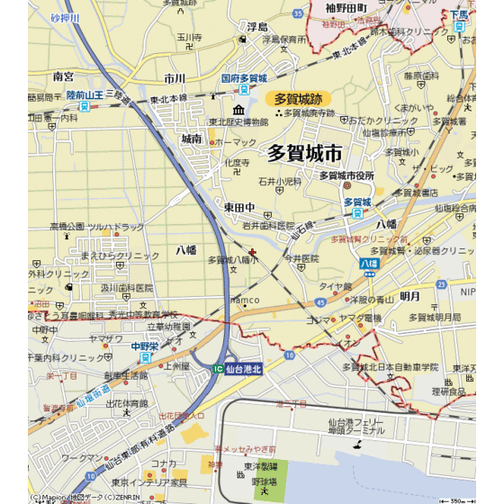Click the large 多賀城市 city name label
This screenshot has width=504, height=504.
click(305, 154)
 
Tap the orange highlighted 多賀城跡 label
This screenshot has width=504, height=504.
click(297, 98)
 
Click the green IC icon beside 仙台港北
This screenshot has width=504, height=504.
click(217, 369)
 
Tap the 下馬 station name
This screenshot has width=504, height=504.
click(461, 15)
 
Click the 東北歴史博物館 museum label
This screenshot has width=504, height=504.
click(238, 121)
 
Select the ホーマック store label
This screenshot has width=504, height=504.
click(236, 142)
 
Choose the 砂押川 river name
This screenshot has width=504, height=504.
click(65, 18)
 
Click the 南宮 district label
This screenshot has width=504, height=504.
click(64, 76)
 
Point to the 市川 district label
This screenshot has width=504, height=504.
click(175, 79)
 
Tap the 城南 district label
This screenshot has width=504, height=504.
click(191, 139)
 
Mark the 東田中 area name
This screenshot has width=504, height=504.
click(240, 207)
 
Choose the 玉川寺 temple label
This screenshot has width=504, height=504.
click(188, 38)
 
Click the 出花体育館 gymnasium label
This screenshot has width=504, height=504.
click(127, 404)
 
